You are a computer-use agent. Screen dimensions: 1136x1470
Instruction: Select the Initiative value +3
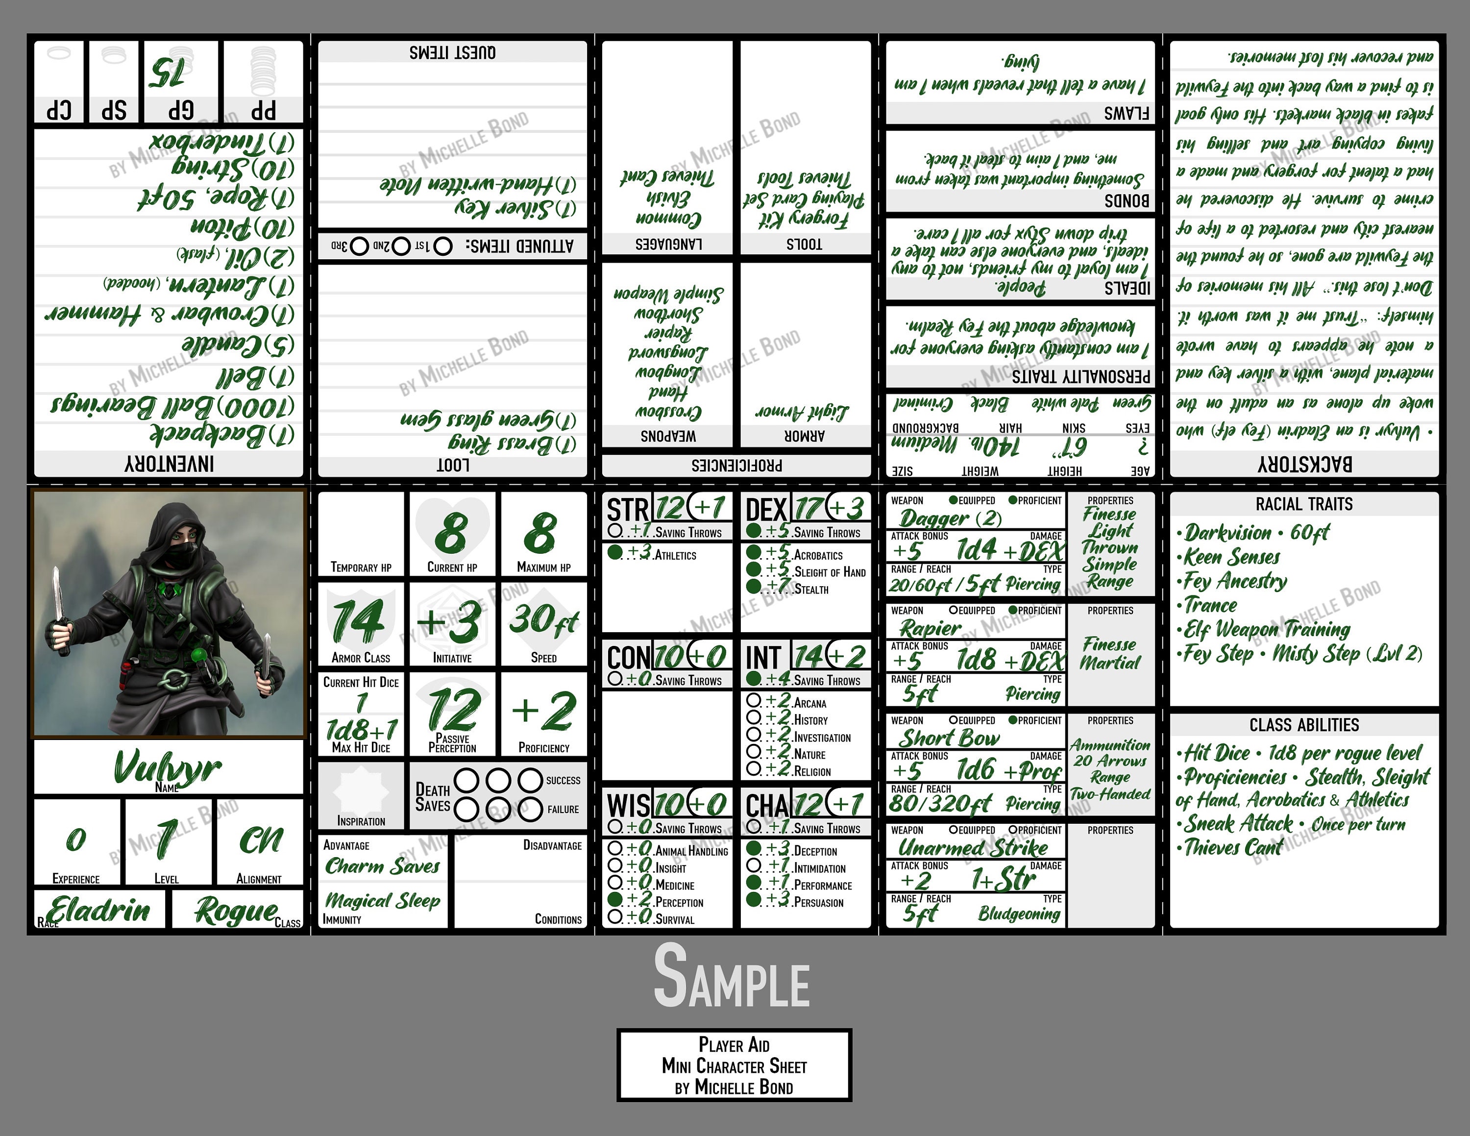[450, 622]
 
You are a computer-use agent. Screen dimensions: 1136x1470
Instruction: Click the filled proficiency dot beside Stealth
[753, 587]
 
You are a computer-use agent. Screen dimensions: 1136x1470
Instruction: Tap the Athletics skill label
[675, 555]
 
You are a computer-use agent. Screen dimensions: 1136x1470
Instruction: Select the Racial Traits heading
[1304, 504]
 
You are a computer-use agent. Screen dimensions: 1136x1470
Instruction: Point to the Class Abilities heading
[1304, 725]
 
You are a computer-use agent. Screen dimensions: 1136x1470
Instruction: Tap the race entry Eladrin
[99, 910]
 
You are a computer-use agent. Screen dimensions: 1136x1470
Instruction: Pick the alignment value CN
[261, 840]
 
